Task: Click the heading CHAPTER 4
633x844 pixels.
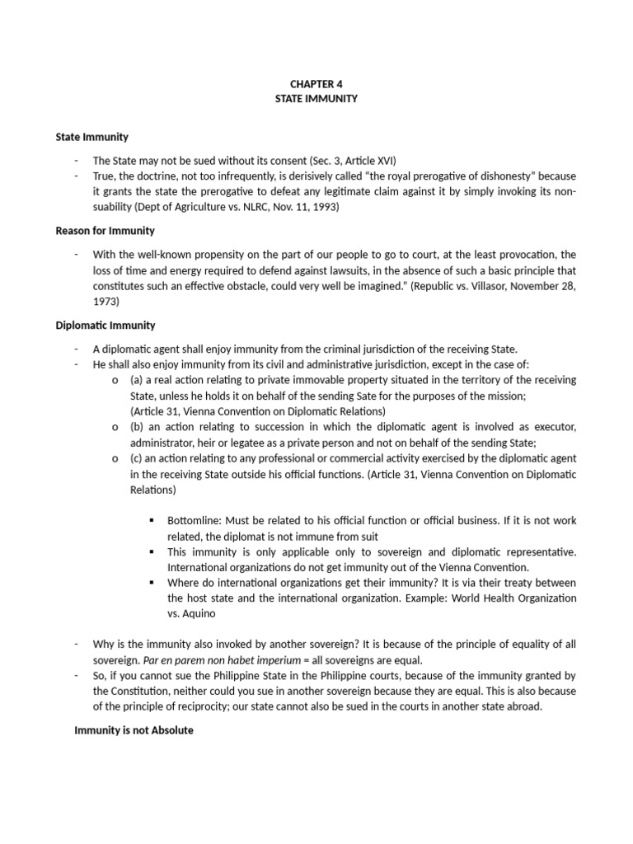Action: tap(316, 83)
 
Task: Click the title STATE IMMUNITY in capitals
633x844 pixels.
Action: tap(316, 99)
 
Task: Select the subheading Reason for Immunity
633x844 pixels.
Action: tap(105, 231)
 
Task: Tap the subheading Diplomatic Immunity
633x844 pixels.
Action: tap(105, 326)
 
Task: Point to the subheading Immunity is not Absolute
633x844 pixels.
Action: tap(134, 730)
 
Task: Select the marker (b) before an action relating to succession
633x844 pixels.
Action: tap(137, 427)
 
